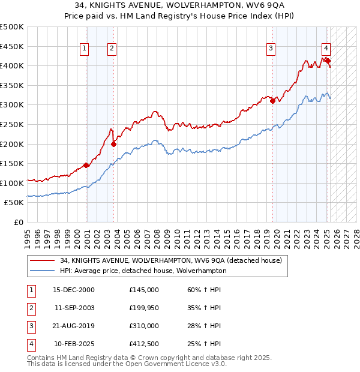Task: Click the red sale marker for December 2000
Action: coord(86,166)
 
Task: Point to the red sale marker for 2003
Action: coord(113,144)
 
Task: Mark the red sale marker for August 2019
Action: coord(272,101)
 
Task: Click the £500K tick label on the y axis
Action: coord(12,27)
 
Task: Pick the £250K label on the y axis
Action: coord(12,124)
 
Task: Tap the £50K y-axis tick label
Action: coord(14,203)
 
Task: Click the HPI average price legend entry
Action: coord(143,271)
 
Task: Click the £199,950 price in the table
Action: coord(144,308)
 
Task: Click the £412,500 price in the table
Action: coord(144,344)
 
